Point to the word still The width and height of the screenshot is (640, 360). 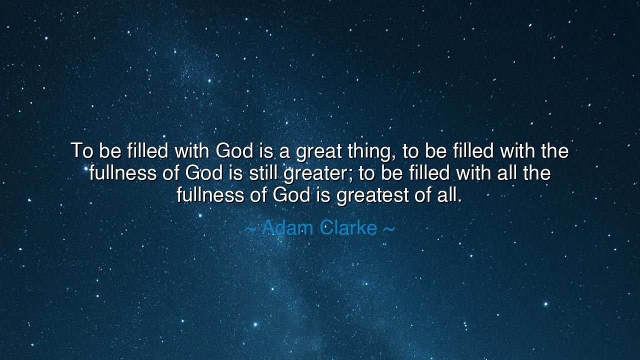pos(262,173)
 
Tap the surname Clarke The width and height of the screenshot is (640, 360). pos(348,228)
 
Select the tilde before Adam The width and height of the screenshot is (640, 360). pos(251,229)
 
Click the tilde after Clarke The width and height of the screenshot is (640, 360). pos(388,229)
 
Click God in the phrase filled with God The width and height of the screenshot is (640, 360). pos(234,150)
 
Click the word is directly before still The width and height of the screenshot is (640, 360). pos(234,173)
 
